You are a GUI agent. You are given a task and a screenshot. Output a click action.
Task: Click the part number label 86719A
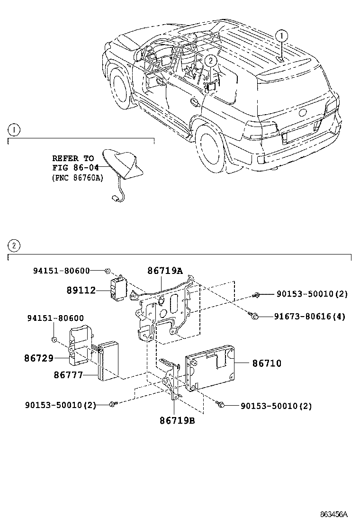164,271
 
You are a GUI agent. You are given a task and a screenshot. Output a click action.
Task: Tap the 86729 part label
39,358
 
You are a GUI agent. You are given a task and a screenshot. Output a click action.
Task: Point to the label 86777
68,375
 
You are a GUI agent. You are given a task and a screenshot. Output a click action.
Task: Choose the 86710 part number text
267,363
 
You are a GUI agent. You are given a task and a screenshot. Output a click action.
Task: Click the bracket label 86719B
177,420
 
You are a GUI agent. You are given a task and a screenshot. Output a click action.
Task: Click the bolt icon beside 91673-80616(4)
254,315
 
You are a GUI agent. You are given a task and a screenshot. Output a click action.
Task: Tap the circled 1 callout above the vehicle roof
281,36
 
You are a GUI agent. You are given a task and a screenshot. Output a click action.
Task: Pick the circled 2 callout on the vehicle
211,60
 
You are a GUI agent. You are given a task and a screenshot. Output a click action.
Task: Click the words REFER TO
73,158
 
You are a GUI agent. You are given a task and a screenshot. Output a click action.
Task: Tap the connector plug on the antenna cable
115,200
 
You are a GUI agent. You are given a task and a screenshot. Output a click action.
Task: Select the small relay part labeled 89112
118,288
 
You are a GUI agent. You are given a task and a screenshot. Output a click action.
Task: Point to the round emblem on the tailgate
302,113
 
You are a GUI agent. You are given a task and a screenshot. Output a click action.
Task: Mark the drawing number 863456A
334,514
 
